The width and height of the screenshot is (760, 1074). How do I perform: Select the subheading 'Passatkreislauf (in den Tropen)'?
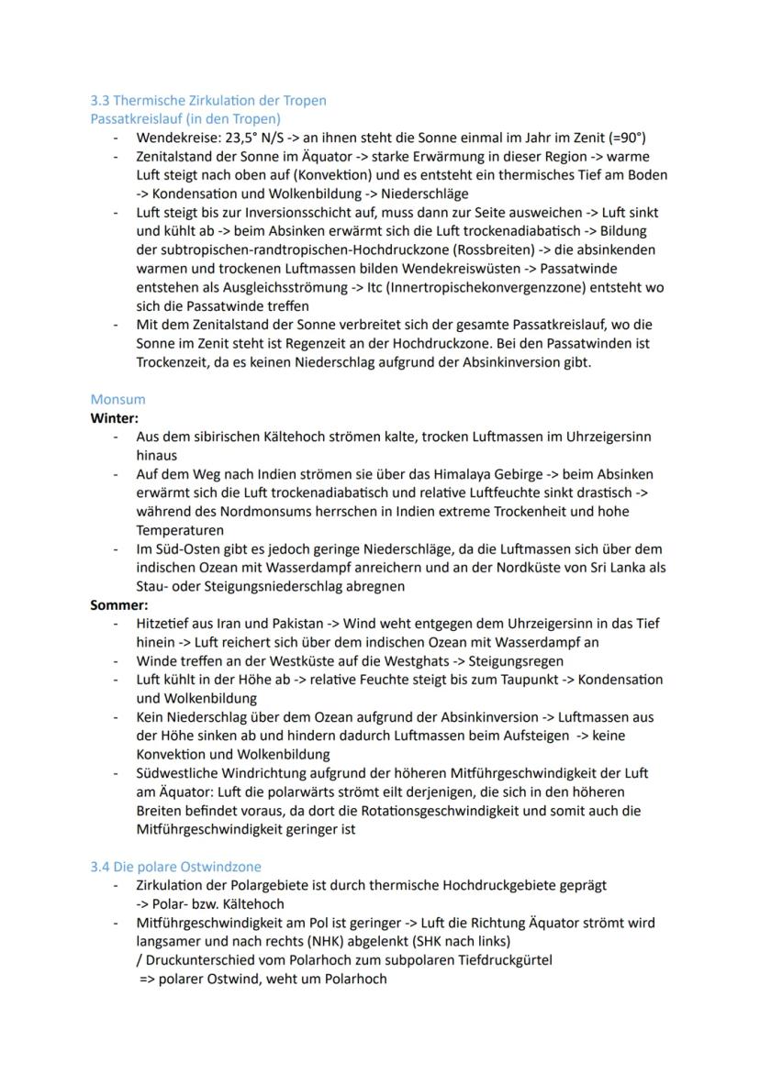click(185, 118)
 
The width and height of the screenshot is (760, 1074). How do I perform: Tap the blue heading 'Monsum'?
click(117, 399)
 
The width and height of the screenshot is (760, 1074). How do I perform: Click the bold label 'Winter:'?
click(114, 417)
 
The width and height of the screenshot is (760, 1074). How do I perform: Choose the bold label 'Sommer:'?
click(118, 604)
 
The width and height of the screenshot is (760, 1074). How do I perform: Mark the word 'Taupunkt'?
click(484, 680)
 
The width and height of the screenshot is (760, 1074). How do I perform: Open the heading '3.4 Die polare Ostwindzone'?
click(175, 866)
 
